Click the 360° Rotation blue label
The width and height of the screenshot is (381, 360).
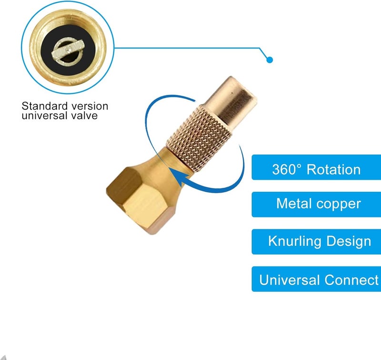coord(316,167)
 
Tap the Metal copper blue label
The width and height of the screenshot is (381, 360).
coord(316,205)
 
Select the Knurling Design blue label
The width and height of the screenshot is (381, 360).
coord(316,242)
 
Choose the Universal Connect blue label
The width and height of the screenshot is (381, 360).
coord(316,279)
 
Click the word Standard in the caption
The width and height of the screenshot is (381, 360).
coord(44,106)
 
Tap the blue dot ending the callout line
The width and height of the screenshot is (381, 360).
coord(270,60)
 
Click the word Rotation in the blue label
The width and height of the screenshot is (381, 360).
coord(333,169)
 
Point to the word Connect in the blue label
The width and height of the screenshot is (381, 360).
coord(351,280)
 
